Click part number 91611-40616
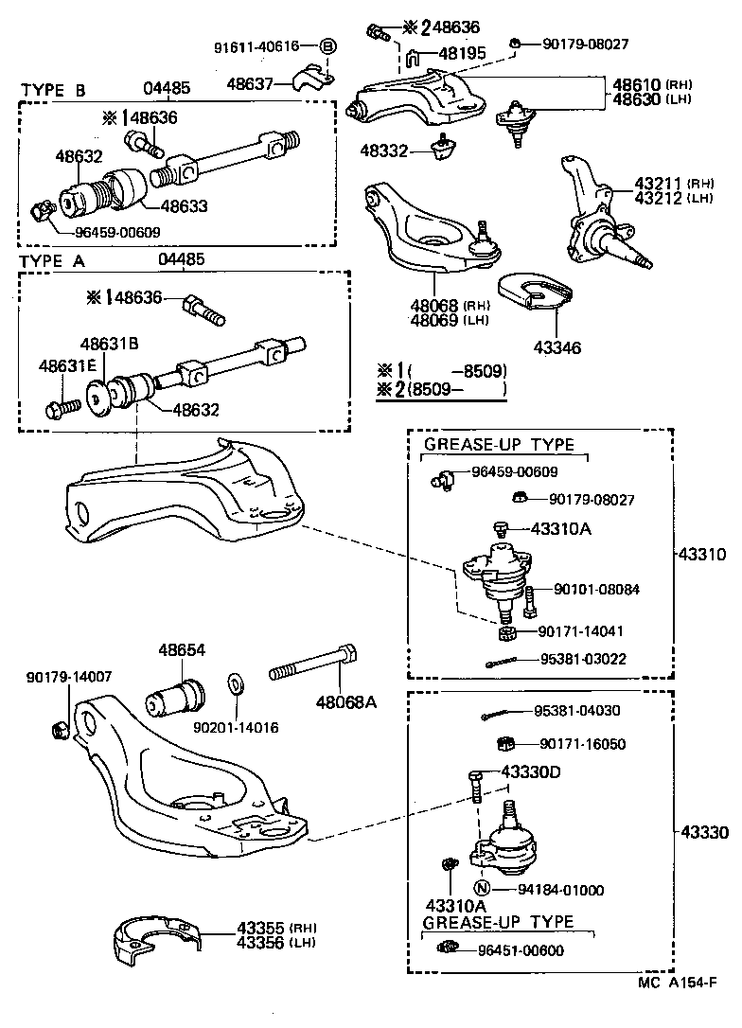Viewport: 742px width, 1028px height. [x=256, y=45]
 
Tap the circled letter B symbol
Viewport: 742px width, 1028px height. [x=327, y=45]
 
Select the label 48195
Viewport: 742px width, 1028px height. [x=459, y=54]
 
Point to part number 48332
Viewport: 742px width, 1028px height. [x=384, y=150]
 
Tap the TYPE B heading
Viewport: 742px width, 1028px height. [x=53, y=90]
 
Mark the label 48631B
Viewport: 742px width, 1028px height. [x=109, y=344]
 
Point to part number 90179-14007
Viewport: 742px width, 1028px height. [x=69, y=677]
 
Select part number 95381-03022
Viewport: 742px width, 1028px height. [x=582, y=659]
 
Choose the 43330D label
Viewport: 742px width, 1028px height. [x=531, y=772]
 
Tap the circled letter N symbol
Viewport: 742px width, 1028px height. [x=481, y=888]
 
